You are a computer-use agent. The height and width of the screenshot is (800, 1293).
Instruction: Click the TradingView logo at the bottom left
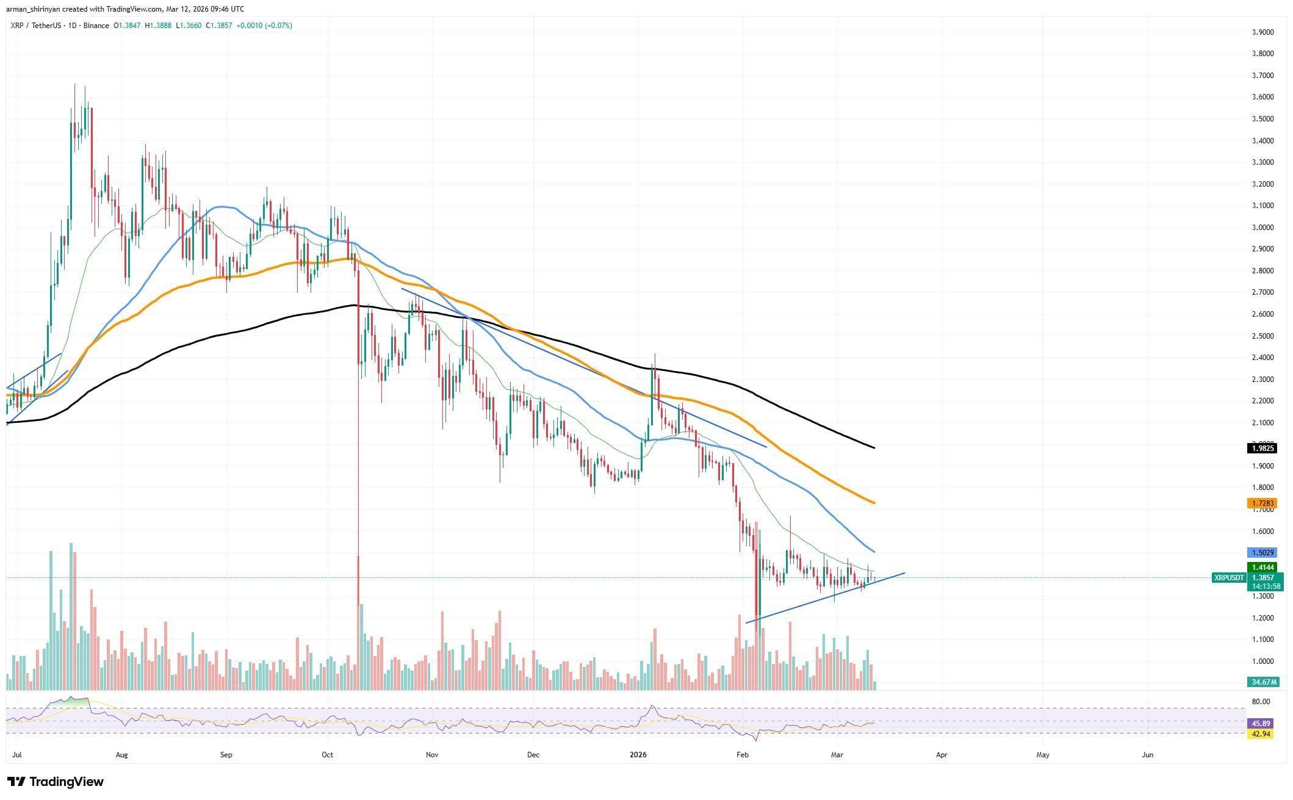point(56,782)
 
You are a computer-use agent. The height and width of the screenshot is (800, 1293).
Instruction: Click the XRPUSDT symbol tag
point(1229,577)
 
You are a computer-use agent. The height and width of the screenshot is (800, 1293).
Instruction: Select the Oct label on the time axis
point(328,755)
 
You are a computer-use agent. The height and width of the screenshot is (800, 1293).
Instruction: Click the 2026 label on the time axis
point(638,755)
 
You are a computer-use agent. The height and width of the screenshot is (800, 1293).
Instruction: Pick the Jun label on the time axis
point(1148,755)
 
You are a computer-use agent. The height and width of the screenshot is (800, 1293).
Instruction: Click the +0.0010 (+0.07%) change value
point(264,26)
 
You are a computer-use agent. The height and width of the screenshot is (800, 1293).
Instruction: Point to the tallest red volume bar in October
point(358,622)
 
